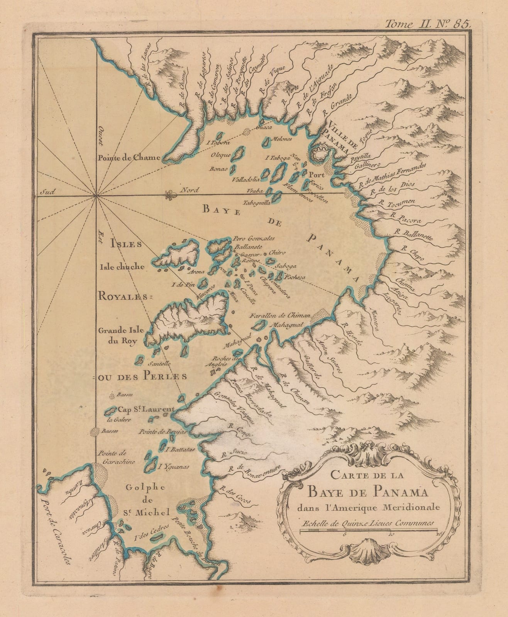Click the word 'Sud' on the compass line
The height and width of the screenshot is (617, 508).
(x=46, y=191)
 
